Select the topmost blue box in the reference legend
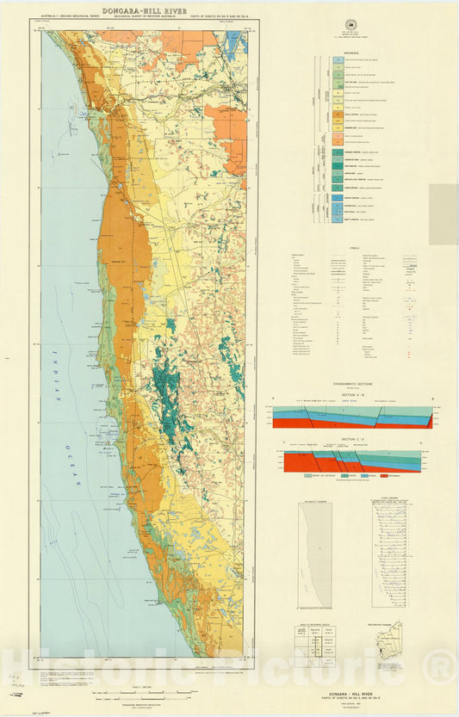point(337,59)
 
